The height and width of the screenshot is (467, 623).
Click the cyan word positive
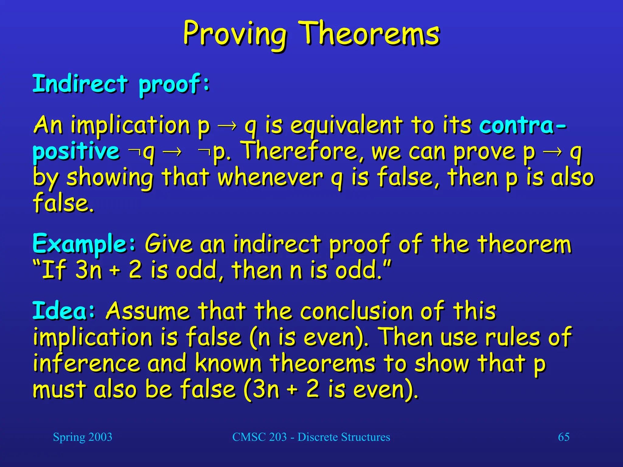tap(76, 151)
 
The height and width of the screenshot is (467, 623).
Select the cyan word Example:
tap(84, 244)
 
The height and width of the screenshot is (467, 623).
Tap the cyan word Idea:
tap(64, 311)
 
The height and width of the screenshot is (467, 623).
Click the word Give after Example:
tap(169, 244)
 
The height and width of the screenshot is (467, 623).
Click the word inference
tap(86, 363)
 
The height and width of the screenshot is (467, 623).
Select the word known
tap(228, 363)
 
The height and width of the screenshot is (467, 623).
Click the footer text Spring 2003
tap(82, 437)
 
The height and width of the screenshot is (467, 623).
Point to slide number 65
tap(563, 437)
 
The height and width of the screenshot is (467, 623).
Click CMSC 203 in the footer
tap(259, 437)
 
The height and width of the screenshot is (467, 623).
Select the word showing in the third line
tap(110, 178)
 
